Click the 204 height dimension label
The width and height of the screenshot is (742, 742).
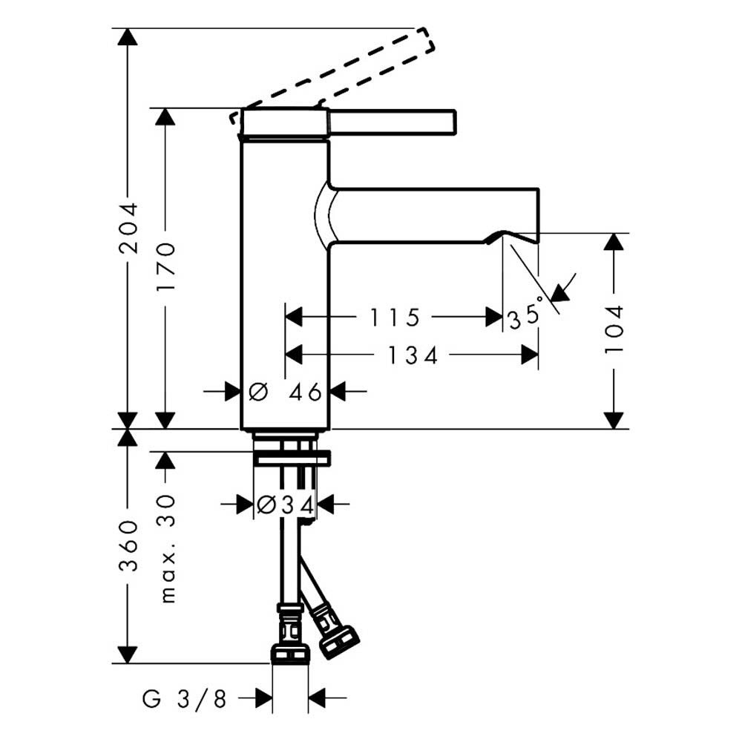[128, 228]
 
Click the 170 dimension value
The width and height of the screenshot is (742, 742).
[166, 267]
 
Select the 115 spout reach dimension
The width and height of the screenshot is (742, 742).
[394, 318]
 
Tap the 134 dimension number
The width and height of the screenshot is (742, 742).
[413, 355]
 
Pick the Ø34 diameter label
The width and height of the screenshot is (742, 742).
[286, 505]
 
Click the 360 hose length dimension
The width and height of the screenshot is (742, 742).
[128, 545]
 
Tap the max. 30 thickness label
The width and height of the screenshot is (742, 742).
[167, 549]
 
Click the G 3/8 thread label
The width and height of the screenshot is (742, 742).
[185, 698]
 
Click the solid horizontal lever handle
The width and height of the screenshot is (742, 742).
[393, 122]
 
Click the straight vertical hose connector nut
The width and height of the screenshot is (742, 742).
[290, 654]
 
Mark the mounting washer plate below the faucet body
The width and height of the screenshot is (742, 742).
[292, 458]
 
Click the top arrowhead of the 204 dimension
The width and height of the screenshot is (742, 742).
[128, 37]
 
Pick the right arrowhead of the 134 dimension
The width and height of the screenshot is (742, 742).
[530, 355]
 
